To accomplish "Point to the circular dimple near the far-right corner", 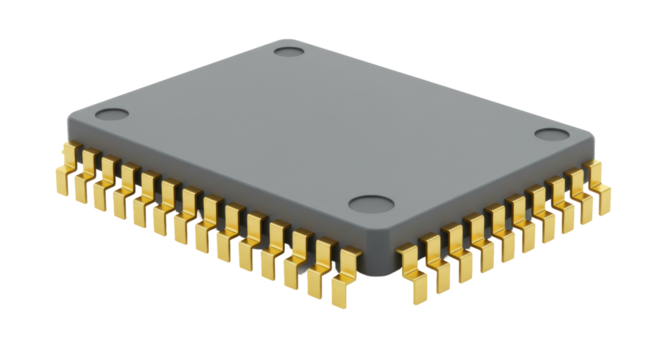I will [x=550, y=135].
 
